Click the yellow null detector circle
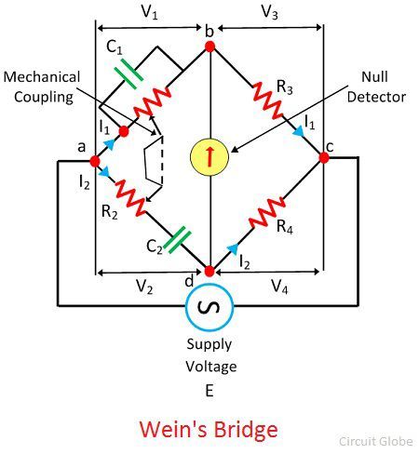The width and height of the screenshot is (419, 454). [x=209, y=156]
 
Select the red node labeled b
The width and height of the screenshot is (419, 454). [x=209, y=47]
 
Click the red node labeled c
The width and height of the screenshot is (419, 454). [x=324, y=157]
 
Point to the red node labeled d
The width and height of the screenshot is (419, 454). [x=209, y=271]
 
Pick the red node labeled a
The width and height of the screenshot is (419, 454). [x=95, y=161]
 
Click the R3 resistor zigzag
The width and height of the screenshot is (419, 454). [x=268, y=100]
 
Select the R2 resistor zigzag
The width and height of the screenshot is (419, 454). [x=130, y=197]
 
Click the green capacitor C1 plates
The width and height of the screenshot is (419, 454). [x=129, y=73]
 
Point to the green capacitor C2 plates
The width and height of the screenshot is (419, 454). [x=177, y=240]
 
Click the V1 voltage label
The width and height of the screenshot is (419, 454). [x=149, y=13]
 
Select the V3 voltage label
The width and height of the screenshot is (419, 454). [x=269, y=12]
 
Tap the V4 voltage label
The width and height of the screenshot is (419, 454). [x=279, y=286]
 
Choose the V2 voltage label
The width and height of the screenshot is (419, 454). [x=144, y=286]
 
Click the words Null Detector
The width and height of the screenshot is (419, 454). [x=376, y=87]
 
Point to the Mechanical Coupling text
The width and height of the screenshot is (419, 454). [x=42, y=87]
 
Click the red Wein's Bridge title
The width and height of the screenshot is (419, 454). [x=209, y=430]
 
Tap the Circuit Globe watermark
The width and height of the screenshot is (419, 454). [x=376, y=441]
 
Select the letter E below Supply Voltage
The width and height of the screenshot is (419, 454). [x=209, y=391]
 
